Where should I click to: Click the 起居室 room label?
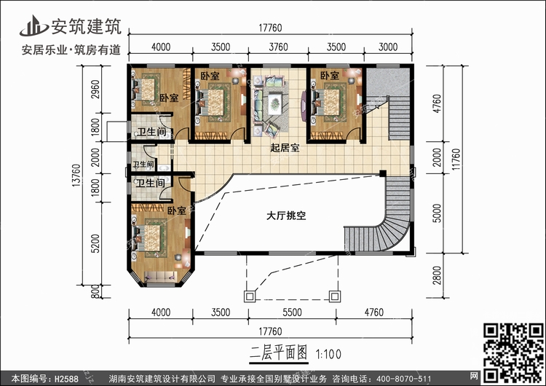click(285, 149)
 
